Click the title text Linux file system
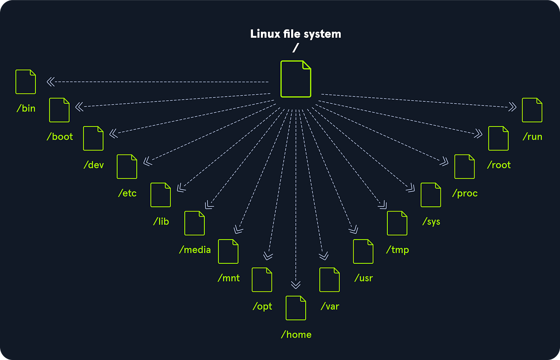(x=295, y=34)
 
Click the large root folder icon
(x=295, y=79)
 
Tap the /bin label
(x=26, y=109)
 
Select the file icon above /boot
(x=59, y=110)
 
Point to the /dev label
(x=93, y=165)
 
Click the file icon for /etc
(x=127, y=167)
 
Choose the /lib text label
(x=161, y=221)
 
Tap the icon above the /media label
(x=195, y=223)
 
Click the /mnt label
(x=229, y=278)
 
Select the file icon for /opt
(x=262, y=280)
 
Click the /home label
(x=296, y=334)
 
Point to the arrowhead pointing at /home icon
(x=295, y=284)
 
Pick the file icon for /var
(x=329, y=280)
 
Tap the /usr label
(x=364, y=278)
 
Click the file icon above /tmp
(x=397, y=223)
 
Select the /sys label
(x=431, y=221)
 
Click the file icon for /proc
(x=464, y=167)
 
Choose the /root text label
(x=498, y=165)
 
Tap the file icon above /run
(x=532, y=110)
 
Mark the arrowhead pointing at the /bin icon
(x=50, y=82)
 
